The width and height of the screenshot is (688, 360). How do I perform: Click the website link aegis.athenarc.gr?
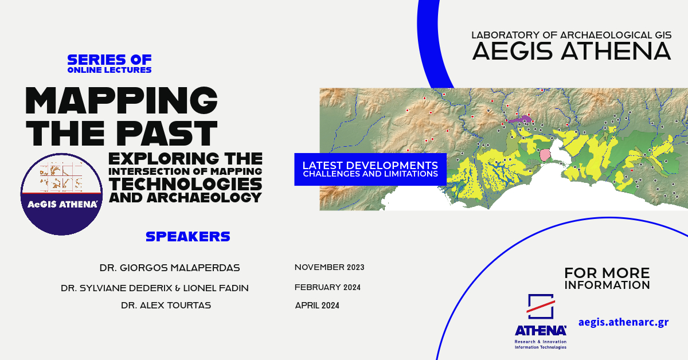pyautogui.click(x=624, y=323)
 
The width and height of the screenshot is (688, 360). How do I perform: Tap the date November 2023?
pyautogui.click(x=329, y=267)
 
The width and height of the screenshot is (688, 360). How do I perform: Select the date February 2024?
pyautogui.click(x=327, y=287)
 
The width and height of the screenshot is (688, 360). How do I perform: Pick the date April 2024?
pyautogui.click(x=317, y=306)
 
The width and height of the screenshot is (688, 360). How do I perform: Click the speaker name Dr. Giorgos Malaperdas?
pyautogui.click(x=170, y=268)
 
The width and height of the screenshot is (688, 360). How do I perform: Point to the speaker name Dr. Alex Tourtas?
pyautogui.click(x=166, y=306)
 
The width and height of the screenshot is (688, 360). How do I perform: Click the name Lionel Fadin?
pyautogui.click(x=216, y=288)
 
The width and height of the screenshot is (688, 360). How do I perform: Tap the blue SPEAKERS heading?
pyautogui.click(x=188, y=237)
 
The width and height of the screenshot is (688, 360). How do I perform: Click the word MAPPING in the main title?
pyautogui.click(x=122, y=100)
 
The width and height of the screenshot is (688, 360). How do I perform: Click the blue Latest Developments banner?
pyautogui.click(x=370, y=169)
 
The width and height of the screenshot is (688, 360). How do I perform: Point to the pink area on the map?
pyautogui.click(x=545, y=155)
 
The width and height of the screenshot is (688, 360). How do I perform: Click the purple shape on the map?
pyautogui.click(x=519, y=119)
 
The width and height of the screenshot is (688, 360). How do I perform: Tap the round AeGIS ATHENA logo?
pyautogui.click(x=61, y=194)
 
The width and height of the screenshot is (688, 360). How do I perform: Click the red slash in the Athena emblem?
pyautogui.click(x=541, y=306)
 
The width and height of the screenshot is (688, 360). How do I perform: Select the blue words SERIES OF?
pyautogui.click(x=110, y=60)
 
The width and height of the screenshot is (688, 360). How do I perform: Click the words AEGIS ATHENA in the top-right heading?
pyautogui.click(x=571, y=51)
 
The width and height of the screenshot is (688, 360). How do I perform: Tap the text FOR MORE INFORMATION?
pyautogui.click(x=607, y=279)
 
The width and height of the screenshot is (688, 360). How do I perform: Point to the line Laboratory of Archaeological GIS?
pyautogui.click(x=571, y=35)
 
